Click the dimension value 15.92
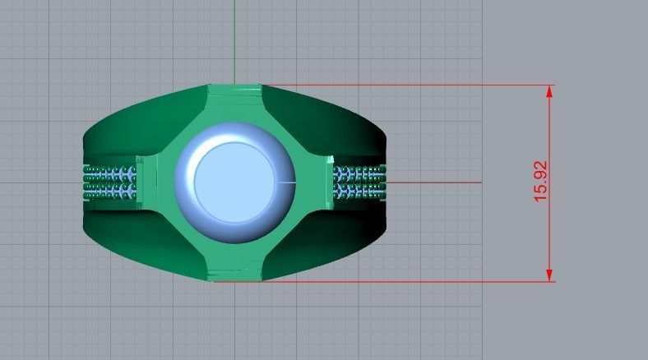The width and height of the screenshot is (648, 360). coord(540,182)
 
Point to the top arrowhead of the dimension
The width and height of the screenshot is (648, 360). coord(548,90)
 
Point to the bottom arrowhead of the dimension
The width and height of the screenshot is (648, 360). coord(548,275)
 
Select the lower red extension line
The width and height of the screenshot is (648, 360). coord(395,282)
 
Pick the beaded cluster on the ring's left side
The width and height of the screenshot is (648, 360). coord(110,182)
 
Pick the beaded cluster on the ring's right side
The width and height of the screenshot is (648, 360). coord(360,182)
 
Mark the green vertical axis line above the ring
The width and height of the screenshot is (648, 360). coord(234,41)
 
